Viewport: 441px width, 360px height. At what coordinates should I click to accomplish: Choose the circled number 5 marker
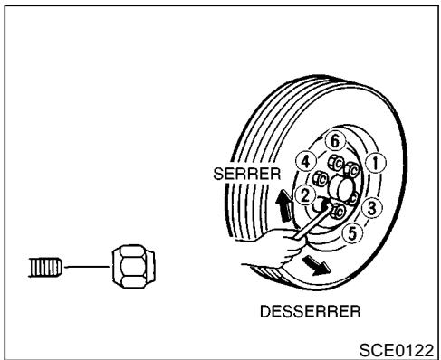pos(356,232)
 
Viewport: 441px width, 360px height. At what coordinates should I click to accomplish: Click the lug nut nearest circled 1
pos(355,167)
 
